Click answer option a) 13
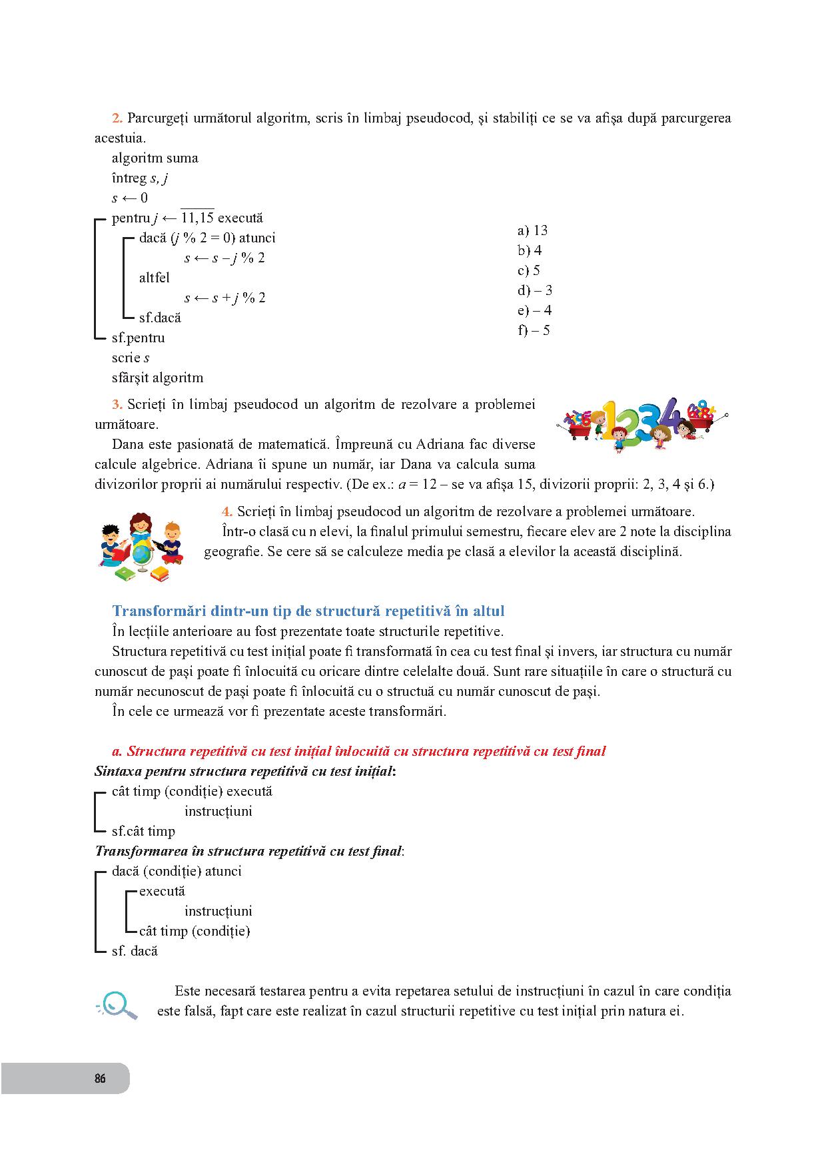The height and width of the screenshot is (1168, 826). click(532, 230)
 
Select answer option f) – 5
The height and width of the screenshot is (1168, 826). click(534, 330)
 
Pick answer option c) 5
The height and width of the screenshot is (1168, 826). click(529, 270)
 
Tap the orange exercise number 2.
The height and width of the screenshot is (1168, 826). click(117, 118)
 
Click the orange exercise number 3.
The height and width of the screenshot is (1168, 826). click(117, 404)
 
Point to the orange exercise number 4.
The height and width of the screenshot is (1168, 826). click(227, 511)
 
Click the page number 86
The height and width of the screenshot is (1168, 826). click(100, 1078)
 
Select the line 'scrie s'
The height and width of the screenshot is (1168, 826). click(131, 358)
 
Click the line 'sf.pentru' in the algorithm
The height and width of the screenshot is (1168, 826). click(138, 338)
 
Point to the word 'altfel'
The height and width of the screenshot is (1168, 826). click(155, 278)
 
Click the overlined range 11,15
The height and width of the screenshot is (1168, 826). click(197, 218)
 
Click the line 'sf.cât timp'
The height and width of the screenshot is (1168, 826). click(143, 831)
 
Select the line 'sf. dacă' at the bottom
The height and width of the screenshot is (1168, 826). click(135, 951)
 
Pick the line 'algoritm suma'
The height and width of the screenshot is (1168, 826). click(155, 158)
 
